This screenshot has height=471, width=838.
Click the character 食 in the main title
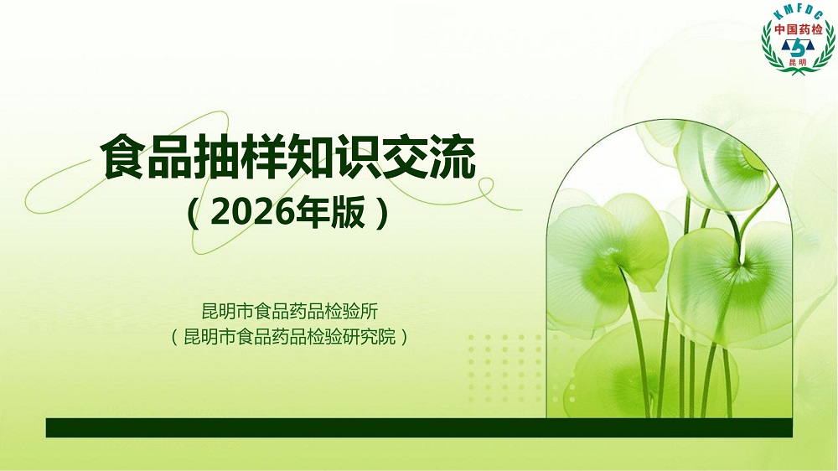[124, 158]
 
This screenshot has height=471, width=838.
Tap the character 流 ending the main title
[453, 158]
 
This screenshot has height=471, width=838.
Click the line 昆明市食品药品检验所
[290, 311]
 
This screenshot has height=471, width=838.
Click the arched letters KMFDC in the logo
[799, 14]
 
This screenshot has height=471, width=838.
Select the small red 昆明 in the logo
[798, 63]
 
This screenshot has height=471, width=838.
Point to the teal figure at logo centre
[798, 49]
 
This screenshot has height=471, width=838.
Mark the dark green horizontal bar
[419, 427]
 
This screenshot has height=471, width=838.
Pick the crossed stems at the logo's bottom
[798, 70]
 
